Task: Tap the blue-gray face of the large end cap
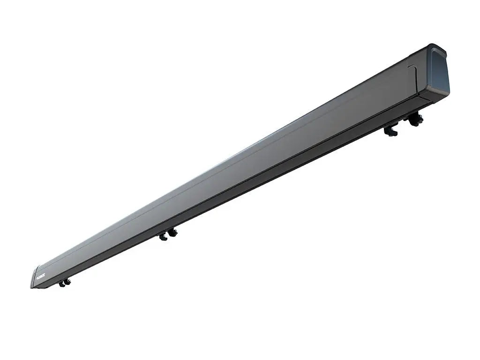[438, 73]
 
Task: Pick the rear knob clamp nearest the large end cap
[415, 120]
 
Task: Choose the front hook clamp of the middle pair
[163, 236]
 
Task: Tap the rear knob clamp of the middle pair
[173, 232]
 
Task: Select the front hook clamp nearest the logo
[61, 284]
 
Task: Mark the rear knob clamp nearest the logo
[67, 281]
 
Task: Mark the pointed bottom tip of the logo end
[33, 287]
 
